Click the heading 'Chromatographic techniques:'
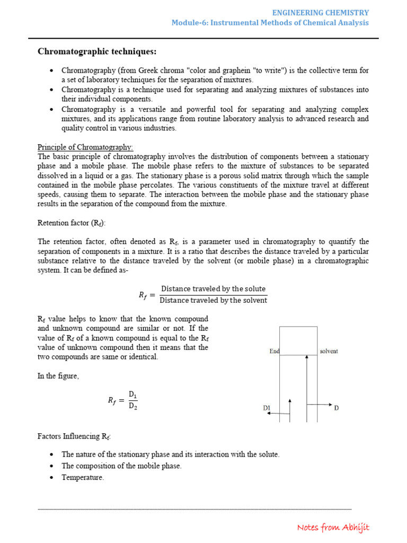point(97,51)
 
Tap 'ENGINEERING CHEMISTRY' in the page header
point(321,12)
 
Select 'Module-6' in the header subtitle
point(188,22)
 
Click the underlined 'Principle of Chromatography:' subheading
point(85,147)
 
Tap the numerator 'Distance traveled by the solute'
point(213,289)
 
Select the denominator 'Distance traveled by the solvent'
point(213,301)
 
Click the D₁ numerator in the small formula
point(132,395)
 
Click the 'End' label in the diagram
point(274,351)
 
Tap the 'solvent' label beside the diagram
point(329,351)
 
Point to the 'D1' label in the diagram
point(267,408)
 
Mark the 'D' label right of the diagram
point(336,408)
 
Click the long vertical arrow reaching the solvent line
point(307,387)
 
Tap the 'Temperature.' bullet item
point(83,477)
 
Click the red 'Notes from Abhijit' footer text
point(333,527)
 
